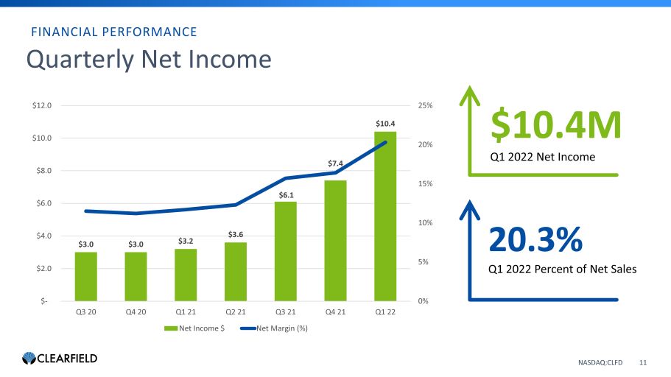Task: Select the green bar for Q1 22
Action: point(385,216)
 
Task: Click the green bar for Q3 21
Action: point(286,251)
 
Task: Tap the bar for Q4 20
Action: point(136,276)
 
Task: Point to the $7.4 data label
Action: point(336,163)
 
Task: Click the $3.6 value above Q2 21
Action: point(236,234)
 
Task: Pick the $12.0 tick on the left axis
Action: point(41,105)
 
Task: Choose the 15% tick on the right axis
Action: point(426,183)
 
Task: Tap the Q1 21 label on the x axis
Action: point(186,312)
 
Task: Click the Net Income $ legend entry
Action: point(194,328)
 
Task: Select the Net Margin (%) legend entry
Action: point(274,328)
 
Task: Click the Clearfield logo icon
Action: point(29,358)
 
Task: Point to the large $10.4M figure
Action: point(555,125)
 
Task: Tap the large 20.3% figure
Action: point(535,239)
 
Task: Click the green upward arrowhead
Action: point(469,95)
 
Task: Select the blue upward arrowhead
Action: point(469,210)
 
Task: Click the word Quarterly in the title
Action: point(80,60)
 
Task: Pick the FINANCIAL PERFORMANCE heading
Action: point(114,32)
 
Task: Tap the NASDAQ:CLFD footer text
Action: point(600,362)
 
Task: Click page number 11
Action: point(643,362)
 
